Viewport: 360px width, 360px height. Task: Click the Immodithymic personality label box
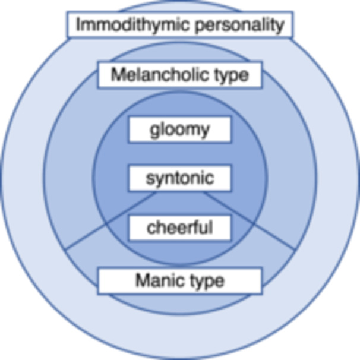[180, 25]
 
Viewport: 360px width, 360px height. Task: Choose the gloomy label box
[179, 130]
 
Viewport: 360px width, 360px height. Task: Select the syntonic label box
[179, 178]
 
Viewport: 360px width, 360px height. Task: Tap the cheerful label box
[179, 227]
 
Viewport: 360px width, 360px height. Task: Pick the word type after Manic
[204, 280]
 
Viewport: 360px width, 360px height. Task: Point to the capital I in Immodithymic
[80, 25]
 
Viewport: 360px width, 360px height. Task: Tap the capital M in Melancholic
[117, 75]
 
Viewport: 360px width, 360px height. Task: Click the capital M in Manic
[141, 280]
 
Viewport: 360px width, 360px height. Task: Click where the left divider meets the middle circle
[65, 248]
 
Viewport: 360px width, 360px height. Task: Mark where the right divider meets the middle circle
[295, 248]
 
